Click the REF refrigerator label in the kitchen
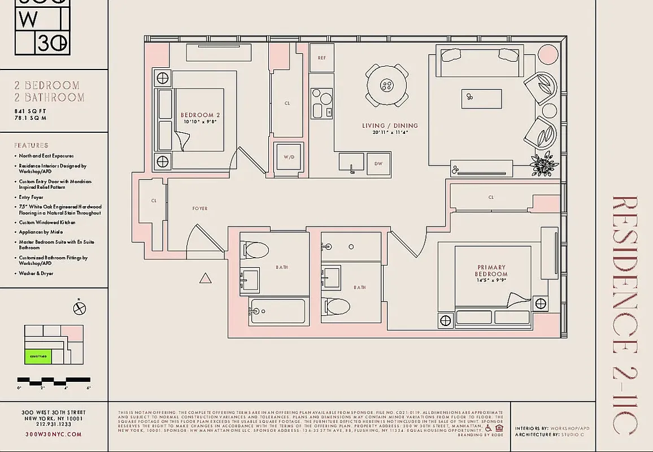(x=321, y=58)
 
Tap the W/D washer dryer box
(x=289, y=157)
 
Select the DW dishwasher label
(x=378, y=164)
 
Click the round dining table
(x=386, y=85)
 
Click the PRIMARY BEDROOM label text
(x=491, y=271)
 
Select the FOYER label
(x=199, y=208)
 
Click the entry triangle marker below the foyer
(x=206, y=277)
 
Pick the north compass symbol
(x=80, y=308)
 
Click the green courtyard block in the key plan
(x=38, y=357)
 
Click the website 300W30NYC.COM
(x=54, y=434)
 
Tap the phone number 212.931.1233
(x=54, y=425)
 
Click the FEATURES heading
(x=31, y=145)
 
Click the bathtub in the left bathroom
(x=277, y=311)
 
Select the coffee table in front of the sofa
(x=481, y=98)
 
